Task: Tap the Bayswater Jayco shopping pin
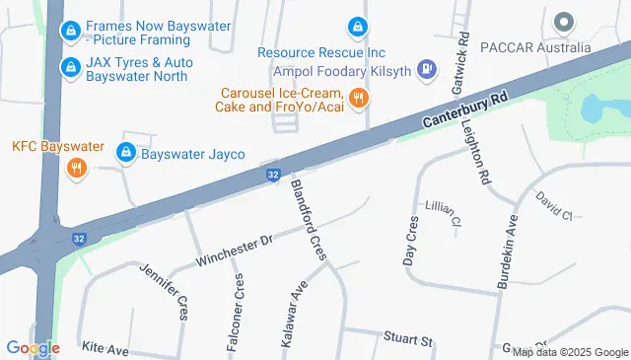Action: click(125, 153)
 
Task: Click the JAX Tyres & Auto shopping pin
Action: click(70, 67)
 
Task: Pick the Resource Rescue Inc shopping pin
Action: click(356, 28)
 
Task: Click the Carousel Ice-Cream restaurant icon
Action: click(359, 98)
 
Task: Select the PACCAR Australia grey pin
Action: click(564, 22)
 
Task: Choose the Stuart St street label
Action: click(409, 341)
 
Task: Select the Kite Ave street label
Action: click(105, 349)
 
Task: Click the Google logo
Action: click(33, 347)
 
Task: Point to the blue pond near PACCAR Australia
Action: click(598, 109)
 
